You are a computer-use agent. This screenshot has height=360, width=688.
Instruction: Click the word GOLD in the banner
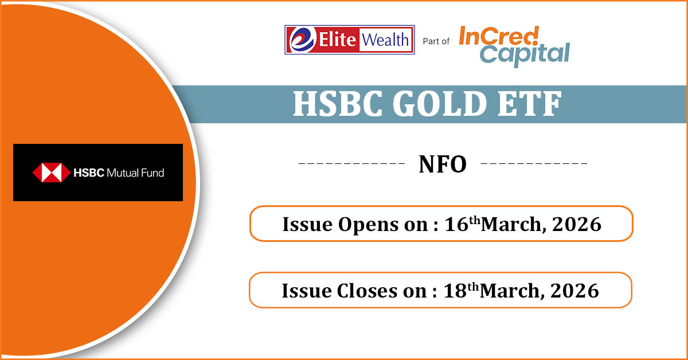440,104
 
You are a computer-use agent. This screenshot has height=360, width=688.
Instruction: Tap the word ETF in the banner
530,104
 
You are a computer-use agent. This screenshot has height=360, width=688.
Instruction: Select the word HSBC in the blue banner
338,104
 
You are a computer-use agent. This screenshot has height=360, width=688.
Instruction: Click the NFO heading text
443,165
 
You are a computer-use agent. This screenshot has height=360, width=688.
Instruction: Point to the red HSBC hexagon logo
51,173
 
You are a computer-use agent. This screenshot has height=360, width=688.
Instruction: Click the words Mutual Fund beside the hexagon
135,173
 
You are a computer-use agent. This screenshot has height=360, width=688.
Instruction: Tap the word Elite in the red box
337,40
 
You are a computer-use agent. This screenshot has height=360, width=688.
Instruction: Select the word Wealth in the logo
385,40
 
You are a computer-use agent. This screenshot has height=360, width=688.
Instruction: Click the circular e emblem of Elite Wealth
302,40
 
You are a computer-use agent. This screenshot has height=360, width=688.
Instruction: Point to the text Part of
436,41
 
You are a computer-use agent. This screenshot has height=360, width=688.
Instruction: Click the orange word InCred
499,36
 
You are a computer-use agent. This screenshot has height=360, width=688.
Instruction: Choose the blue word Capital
525,54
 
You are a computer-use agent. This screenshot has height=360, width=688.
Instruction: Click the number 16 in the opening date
456,224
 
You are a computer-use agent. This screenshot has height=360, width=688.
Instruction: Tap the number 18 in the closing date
455,291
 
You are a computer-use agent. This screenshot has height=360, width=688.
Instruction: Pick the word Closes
367,291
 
